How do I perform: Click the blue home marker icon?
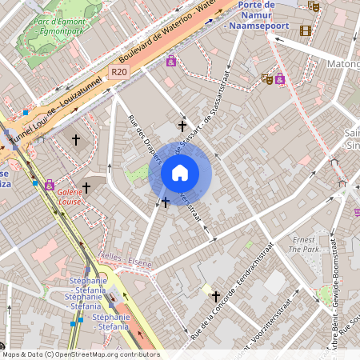click(180, 173)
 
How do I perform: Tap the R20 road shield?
click(119, 72)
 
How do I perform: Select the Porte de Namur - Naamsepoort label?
click(258, 15)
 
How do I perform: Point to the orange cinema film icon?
click(305, 30)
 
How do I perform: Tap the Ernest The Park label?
click(303, 244)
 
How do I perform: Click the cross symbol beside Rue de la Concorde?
click(215, 296)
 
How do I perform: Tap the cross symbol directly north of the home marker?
click(182, 126)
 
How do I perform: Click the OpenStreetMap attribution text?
click(81, 354)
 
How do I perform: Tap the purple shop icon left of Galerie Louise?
click(50, 185)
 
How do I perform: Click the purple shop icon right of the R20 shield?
click(171, 61)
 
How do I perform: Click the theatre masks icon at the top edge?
click(314, 5)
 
